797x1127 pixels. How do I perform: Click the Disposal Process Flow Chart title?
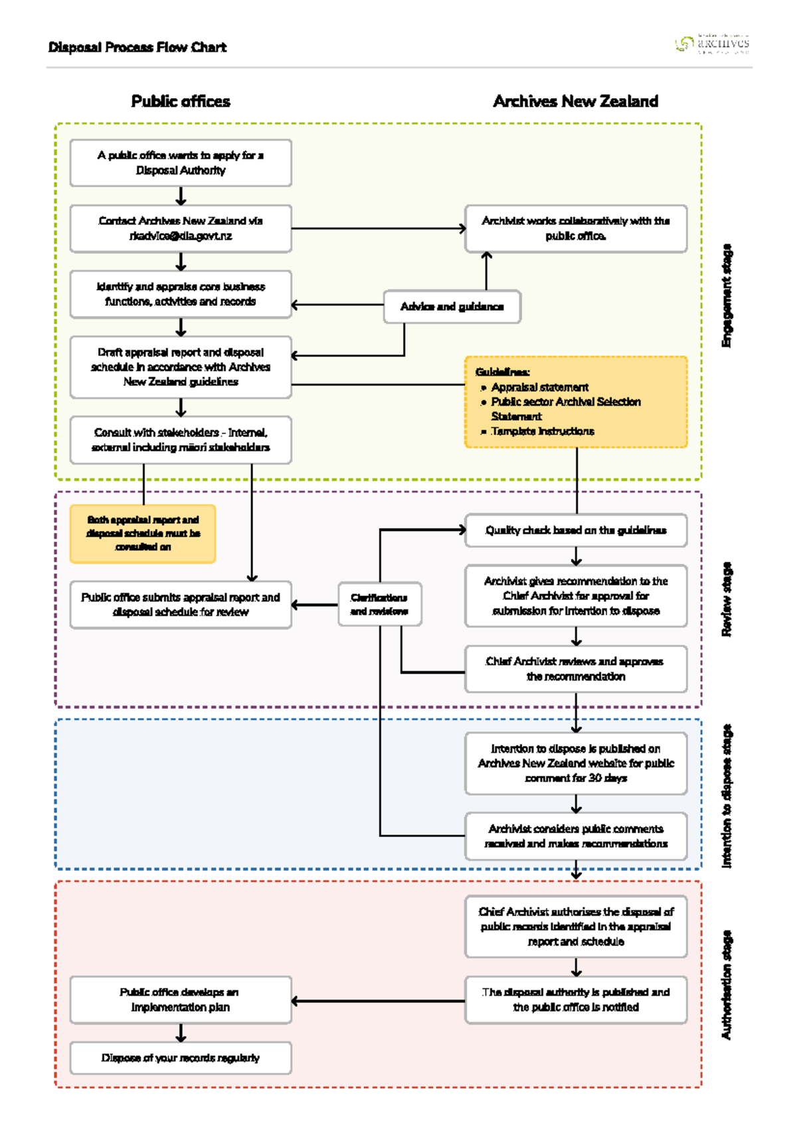click(x=137, y=47)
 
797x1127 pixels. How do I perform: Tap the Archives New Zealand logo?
click(x=712, y=44)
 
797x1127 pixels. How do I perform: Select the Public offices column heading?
click(x=181, y=102)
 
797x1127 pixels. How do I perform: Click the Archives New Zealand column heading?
click(x=575, y=102)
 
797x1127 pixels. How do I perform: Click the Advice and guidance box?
click(x=452, y=307)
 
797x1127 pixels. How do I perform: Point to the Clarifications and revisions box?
click(x=379, y=604)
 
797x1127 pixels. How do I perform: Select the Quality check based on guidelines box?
click(x=575, y=530)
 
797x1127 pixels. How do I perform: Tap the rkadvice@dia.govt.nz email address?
click(x=181, y=236)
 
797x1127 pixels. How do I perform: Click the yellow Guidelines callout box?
click(x=575, y=402)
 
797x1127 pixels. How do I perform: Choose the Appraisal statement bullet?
click(x=539, y=387)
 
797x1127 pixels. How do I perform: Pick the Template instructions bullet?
click(x=543, y=431)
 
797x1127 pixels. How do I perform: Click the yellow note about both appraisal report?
click(x=143, y=534)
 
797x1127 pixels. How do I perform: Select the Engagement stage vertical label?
click(x=727, y=295)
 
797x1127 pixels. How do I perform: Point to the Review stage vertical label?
click(x=727, y=599)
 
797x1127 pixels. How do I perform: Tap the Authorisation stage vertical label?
click(x=727, y=985)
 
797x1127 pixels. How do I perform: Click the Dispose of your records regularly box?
click(x=181, y=1058)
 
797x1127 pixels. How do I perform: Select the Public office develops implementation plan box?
click(x=181, y=1000)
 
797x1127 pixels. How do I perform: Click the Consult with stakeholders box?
click(x=181, y=440)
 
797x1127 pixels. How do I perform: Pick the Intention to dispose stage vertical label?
click(x=727, y=796)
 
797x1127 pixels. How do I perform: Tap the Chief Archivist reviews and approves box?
click(x=575, y=669)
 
